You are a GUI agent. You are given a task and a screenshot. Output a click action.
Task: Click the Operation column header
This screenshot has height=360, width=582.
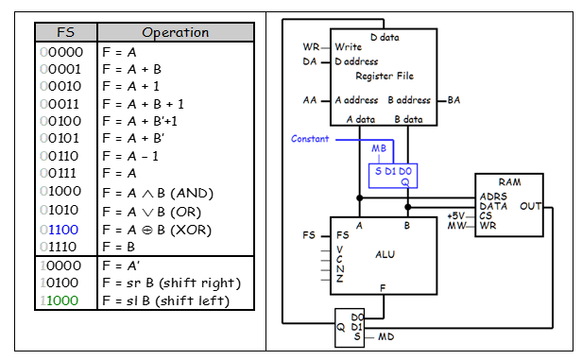[x=174, y=32]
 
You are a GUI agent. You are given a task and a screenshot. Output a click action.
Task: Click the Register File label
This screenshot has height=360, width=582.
[x=384, y=76]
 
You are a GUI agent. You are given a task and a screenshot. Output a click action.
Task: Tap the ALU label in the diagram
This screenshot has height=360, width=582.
[x=385, y=253]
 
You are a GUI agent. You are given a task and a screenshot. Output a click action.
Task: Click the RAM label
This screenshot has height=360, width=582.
[x=509, y=180]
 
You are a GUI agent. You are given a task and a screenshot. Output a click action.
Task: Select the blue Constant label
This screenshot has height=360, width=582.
[x=310, y=139]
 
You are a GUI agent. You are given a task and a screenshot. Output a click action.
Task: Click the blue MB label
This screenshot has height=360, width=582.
[x=378, y=148]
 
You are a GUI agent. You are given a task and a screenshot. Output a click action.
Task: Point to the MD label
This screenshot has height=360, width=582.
[x=385, y=335]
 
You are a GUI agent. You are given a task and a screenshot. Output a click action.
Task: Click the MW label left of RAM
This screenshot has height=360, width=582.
[x=455, y=226]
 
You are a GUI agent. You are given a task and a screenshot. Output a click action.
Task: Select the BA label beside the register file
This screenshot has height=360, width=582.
[x=454, y=99]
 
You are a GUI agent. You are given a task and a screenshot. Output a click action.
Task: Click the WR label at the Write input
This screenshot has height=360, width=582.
[x=311, y=46]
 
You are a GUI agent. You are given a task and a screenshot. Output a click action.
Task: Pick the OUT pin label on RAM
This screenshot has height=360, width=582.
[x=532, y=204]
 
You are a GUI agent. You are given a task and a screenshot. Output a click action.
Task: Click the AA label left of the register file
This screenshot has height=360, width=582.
[x=310, y=99]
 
